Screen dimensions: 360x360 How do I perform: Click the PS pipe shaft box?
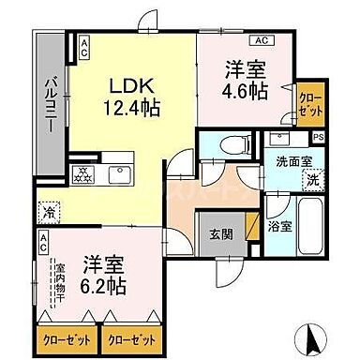[x=320, y=138]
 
